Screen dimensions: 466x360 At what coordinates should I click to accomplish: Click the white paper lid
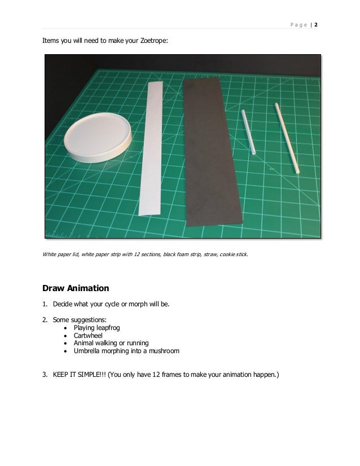(x=98, y=137)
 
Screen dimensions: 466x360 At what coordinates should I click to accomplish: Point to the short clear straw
(x=248, y=132)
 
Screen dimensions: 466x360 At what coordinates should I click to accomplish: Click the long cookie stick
(x=287, y=138)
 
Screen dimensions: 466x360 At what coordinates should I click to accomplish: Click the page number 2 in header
(x=316, y=25)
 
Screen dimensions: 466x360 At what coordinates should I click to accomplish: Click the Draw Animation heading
(x=76, y=288)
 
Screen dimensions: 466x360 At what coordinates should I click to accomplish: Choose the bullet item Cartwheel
(x=88, y=336)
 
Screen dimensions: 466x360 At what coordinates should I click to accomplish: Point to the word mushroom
(x=164, y=351)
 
